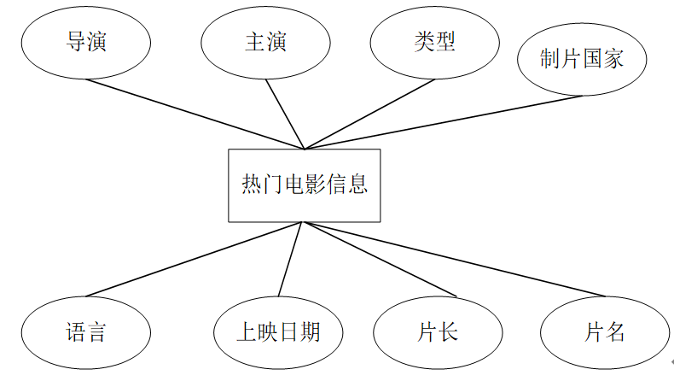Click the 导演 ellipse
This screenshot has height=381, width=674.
86,42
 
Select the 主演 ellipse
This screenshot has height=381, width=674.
265,42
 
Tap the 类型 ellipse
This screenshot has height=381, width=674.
434,42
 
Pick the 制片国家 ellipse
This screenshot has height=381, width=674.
582,58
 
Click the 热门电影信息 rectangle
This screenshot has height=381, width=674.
304,185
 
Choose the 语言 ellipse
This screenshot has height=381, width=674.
86,331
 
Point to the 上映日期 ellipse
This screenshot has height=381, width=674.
278,331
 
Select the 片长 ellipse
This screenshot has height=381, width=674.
439,331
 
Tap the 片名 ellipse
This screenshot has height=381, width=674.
605,331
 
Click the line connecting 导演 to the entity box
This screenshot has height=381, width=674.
195,114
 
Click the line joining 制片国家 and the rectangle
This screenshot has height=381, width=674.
444,122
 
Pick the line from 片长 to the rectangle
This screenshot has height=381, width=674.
380,260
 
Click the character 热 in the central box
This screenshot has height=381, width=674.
251,185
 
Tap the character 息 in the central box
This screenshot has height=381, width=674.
358,185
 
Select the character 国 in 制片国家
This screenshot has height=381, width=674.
592,58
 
